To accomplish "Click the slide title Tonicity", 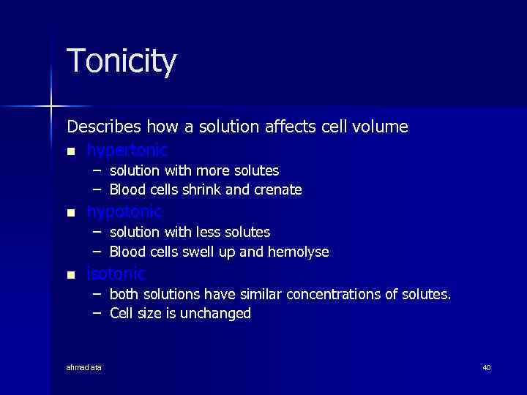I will coord(122,61).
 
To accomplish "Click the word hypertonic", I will coord(127,151).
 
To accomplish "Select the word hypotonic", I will coord(124,212).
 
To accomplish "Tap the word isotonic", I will coord(116,274).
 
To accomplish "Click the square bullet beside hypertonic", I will coord(70,151).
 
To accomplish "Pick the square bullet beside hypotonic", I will coord(70,213).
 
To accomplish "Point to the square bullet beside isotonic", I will coord(70,275).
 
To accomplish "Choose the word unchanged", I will coord(219,314).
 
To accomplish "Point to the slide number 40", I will coord(486,367).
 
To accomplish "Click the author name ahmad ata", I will coord(84,367).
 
